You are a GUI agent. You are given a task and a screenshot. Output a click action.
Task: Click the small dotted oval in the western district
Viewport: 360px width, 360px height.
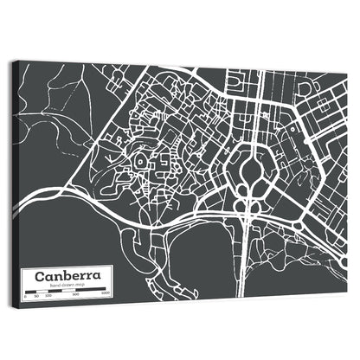140,163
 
